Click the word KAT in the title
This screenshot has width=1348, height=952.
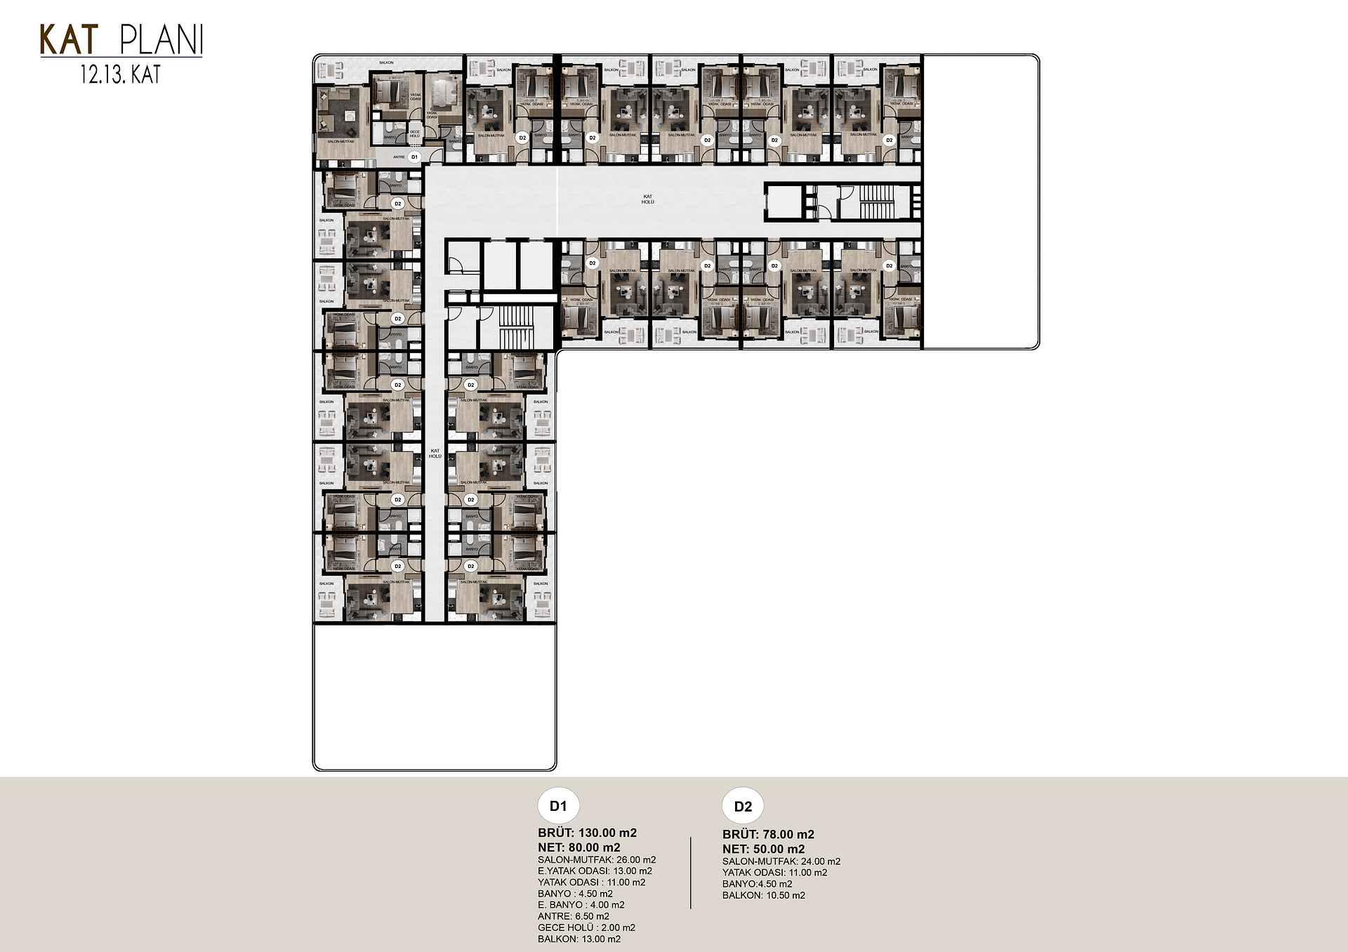pyautogui.click(x=68, y=40)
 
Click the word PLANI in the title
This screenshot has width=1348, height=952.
pyautogui.click(x=161, y=41)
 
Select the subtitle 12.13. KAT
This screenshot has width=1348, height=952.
pyautogui.click(x=120, y=74)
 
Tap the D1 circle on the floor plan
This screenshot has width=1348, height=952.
pyautogui.click(x=414, y=157)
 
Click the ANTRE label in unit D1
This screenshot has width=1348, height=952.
pyautogui.click(x=398, y=157)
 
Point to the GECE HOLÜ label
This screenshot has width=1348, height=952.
pyautogui.click(x=415, y=133)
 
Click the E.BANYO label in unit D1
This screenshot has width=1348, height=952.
pyautogui.click(x=455, y=141)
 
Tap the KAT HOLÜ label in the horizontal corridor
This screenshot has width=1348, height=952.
pyautogui.click(x=647, y=199)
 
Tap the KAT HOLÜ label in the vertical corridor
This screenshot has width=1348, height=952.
pyautogui.click(x=435, y=454)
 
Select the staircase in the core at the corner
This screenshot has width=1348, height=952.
pyautogui.click(x=516, y=326)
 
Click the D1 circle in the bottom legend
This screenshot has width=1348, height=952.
pyautogui.click(x=558, y=806)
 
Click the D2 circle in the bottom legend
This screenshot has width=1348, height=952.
pyautogui.click(x=743, y=806)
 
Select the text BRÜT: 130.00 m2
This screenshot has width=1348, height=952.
pyautogui.click(x=587, y=833)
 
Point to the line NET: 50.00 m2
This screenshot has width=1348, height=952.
pyautogui.click(x=763, y=849)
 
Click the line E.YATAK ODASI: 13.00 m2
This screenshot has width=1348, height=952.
pyautogui.click(x=595, y=871)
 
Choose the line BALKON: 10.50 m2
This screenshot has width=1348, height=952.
pyautogui.click(x=763, y=895)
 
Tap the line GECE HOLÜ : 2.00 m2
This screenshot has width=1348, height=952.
pyautogui.click(x=586, y=927)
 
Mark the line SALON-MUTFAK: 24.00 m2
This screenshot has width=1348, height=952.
pyautogui.click(x=781, y=861)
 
